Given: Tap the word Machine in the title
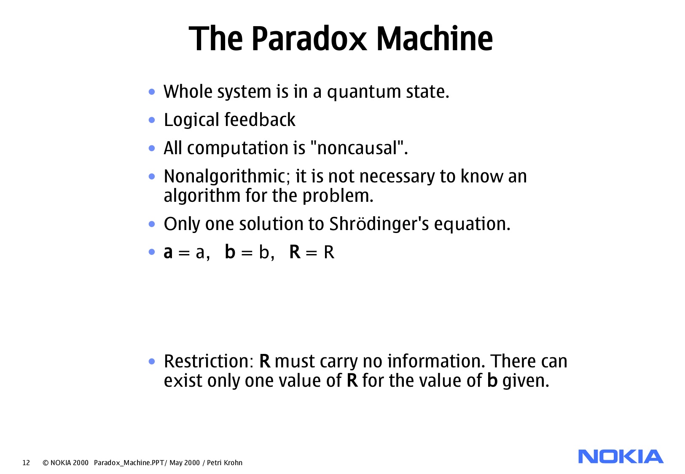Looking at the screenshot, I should [434, 39].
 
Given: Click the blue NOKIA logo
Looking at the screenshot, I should [621, 457].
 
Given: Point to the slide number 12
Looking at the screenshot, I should [26, 463].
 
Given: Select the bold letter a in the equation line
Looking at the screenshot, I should [168, 252].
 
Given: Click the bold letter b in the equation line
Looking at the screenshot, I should [230, 252].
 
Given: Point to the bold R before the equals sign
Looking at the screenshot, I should [295, 252].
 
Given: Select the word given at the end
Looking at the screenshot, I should [526, 381].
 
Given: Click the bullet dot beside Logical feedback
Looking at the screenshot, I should [152, 120].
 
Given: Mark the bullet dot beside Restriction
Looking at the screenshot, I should [152, 361].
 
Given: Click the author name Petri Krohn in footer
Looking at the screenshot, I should [225, 463].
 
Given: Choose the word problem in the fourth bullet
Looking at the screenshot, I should [337, 196].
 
